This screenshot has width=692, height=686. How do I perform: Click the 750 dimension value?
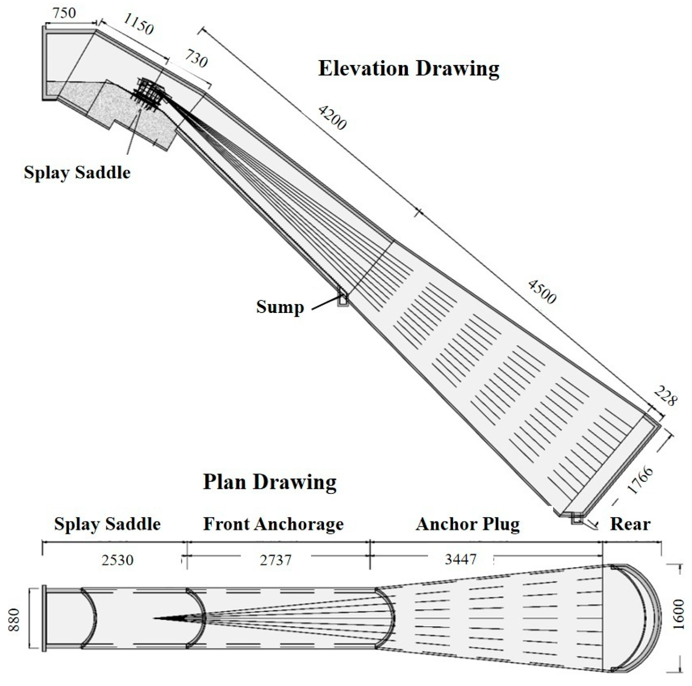[x=64, y=13]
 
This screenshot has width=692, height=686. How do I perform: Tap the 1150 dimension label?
[x=138, y=24]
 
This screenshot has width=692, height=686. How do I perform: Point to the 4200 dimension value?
[x=332, y=117]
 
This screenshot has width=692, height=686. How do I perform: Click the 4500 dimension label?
[x=542, y=292]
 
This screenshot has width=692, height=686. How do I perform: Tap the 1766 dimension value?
[x=640, y=480]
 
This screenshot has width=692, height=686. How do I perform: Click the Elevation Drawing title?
[x=409, y=68]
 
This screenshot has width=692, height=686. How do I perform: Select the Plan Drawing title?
[x=270, y=482]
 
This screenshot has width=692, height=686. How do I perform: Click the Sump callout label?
[x=280, y=307]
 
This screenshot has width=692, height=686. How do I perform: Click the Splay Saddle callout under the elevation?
[x=77, y=173]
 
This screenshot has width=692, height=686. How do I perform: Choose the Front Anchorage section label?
[x=273, y=524]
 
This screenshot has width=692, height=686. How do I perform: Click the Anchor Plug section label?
[x=468, y=524]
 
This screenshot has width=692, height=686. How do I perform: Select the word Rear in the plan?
[x=630, y=524]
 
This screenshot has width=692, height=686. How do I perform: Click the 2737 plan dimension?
[x=276, y=560]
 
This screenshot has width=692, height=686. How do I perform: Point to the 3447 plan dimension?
[x=461, y=560]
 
